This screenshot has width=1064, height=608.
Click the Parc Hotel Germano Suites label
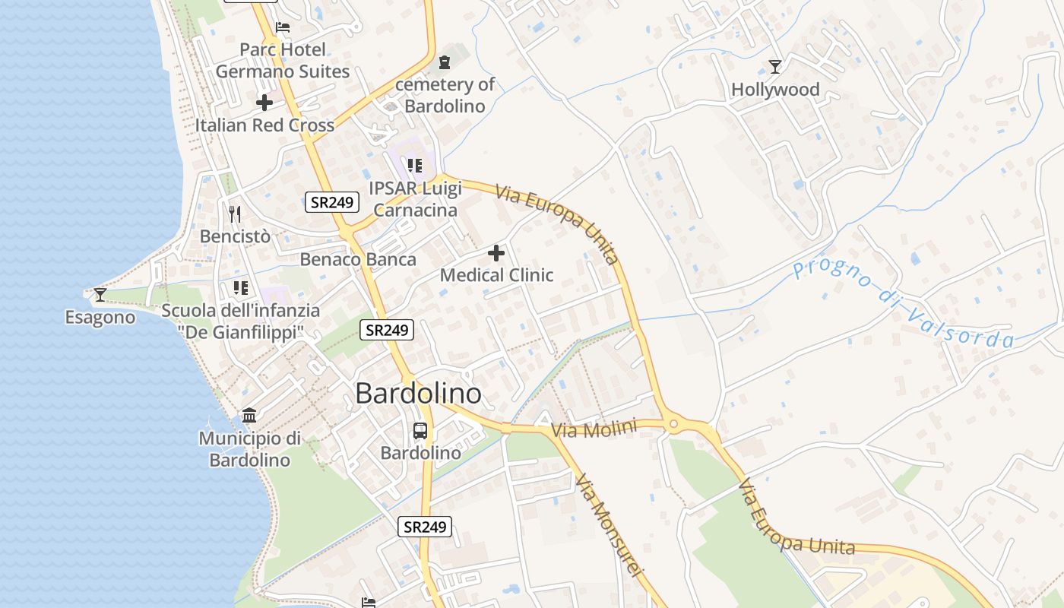coord(282,61)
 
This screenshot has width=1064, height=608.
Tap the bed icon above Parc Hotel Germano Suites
coord(283,27)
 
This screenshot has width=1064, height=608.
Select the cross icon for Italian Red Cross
coord(264,103)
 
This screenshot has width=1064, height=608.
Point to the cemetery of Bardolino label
coord(445,95)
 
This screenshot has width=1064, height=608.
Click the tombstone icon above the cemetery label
coord(445,62)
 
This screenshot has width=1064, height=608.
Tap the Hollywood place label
coord(775,90)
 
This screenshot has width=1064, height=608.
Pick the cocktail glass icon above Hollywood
coord(775,67)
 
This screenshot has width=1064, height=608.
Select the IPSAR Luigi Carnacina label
coord(415,198)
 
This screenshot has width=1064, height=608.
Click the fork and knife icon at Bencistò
coord(235,214)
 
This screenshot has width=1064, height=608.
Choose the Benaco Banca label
coord(358,259)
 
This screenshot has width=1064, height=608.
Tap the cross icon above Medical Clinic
coord(496,252)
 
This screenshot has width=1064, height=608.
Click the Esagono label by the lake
coord(100,317)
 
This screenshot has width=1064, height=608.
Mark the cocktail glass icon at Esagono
coord(100,295)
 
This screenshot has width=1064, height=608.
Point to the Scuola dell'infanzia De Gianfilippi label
coord(241,321)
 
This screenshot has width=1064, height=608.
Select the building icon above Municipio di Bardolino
coord(249,415)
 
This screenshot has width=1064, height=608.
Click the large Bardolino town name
coord(418,394)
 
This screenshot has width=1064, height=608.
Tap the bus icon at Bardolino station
coord(420,431)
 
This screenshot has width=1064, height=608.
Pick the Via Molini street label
coord(594,429)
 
